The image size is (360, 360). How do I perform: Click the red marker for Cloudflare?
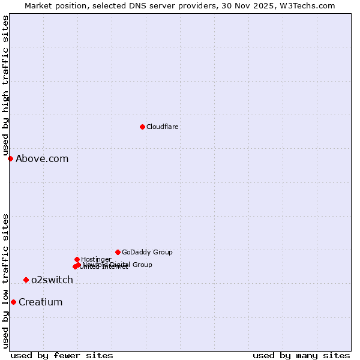pyautogui.click(x=142, y=127)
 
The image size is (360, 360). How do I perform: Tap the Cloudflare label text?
pyautogui.click(x=163, y=127)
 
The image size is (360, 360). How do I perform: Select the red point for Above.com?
pyautogui.click(x=10, y=158)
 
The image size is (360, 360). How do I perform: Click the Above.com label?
pyautogui.click(x=42, y=159)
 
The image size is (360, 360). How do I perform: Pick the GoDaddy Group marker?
pyautogui.click(x=118, y=252)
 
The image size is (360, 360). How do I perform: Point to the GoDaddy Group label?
pyautogui.click(x=147, y=253)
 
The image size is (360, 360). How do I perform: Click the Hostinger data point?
pyautogui.click(x=77, y=259)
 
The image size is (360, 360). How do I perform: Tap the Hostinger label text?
pyautogui.click(x=96, y=260)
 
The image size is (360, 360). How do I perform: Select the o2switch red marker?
pyautogui.click(x=26, y=280)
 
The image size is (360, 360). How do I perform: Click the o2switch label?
pyautogui.click(x=52, y=280)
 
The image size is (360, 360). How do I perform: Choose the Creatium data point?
pyautogui.click(x=13, y=302)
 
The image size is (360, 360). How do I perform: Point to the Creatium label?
pyautogui.click(x=41, y=302)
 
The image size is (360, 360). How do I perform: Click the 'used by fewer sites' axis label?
pyautogui.click(x=62, y=355)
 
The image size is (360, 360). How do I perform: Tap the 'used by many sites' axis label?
pyautogui.click(x=301, y=355)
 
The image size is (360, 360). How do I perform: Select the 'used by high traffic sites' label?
pyautogui.click(x=5, y=86)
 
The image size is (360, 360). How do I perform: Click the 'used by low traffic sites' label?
pyautogui.click(x=5, y=281)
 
